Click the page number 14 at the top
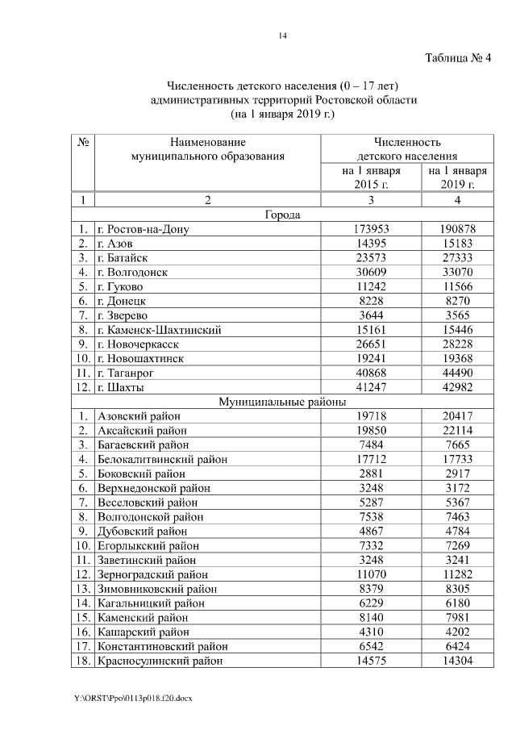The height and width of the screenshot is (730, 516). click(x=283, y=35)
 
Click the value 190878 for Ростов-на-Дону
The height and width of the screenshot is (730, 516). click(x=452, y=229)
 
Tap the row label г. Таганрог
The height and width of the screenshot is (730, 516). click(x=127, y=373)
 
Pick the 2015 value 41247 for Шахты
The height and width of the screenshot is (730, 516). click(x=371, y=387)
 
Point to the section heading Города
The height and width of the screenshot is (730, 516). click(x=282, y=215)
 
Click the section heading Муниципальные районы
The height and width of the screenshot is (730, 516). click(x=282, y=402)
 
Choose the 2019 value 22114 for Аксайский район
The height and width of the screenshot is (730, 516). click(x=452, y=430)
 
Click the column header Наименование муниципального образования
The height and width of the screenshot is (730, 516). click(x=208, y=149)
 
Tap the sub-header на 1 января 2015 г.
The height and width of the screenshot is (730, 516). click(x=371, y=178)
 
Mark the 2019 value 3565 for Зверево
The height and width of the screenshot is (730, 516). click(x=452, y=315)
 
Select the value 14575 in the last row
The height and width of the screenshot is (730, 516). click(x=371, y=661)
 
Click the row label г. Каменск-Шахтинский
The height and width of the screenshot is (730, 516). click(x=158, y=330)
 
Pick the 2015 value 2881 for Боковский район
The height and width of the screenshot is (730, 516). click(x=371, y=473)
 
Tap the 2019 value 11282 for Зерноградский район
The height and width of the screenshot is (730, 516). click(x=452, y=574)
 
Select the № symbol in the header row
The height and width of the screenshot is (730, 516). click(x=83, y=142)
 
